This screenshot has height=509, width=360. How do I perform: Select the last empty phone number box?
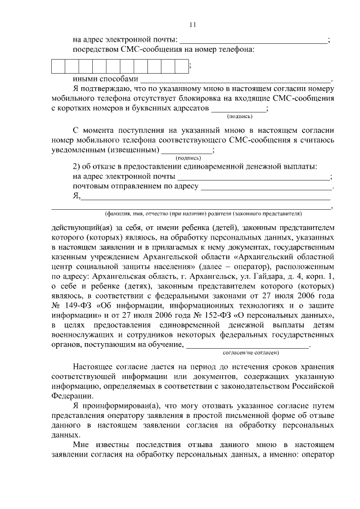[181, 66]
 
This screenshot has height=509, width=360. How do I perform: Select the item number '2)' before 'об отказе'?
[78, 166]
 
